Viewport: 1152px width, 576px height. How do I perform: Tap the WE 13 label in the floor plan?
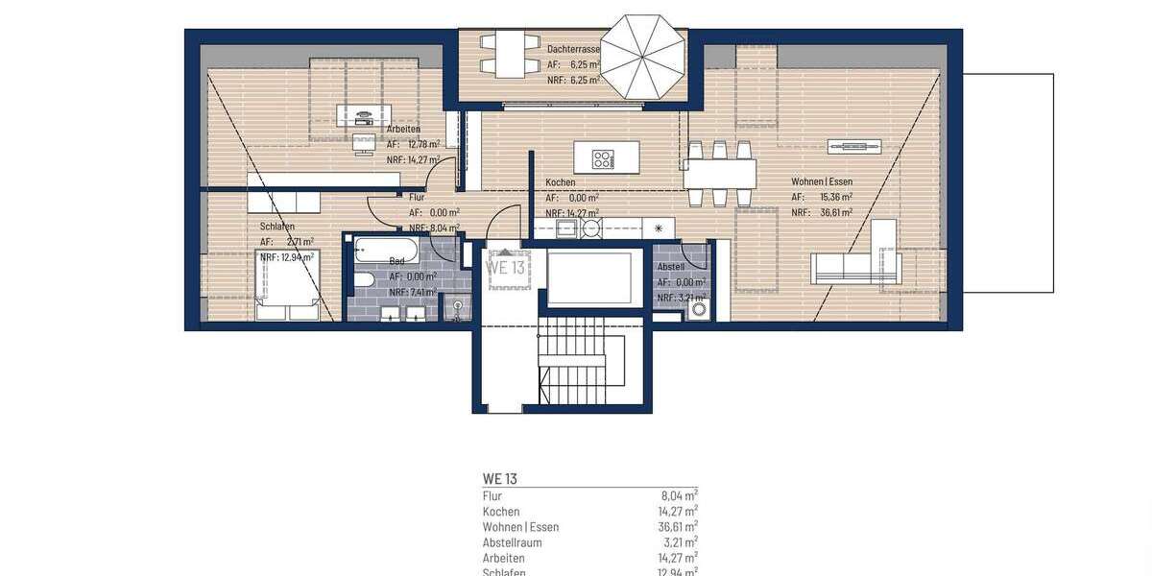[x=506, y=267]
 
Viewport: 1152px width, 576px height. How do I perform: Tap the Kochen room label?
[x=561, y=181]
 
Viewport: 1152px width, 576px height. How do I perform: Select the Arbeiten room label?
[x=402, y=129]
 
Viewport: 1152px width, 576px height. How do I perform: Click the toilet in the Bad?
[x=364, y=282]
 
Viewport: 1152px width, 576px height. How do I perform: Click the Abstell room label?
[x=670, y=268]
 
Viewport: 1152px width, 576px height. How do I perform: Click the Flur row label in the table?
[x=492, y=496]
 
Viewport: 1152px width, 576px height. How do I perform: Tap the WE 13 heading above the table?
[x=499, y=477]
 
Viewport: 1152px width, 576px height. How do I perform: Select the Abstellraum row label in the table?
[x=512, y=542]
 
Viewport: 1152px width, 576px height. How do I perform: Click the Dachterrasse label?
[x=573, y=48]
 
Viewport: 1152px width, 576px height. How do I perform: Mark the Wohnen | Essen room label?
[x=822, y=181]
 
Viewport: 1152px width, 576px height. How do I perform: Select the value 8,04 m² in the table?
[x=678, y=496]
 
